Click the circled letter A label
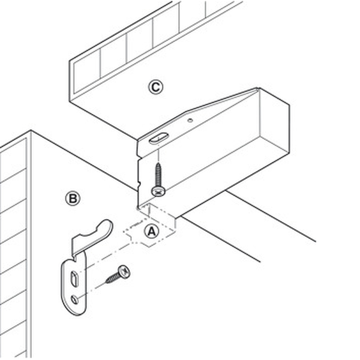152,232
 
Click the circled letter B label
73,199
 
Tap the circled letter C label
155,87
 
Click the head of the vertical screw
158,191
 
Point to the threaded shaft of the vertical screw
158,174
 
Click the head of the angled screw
124,272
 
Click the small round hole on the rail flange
190,120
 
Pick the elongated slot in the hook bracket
74,279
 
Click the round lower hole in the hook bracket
74,299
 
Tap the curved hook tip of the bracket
106,224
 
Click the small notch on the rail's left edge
139,184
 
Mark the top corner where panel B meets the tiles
31,131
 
